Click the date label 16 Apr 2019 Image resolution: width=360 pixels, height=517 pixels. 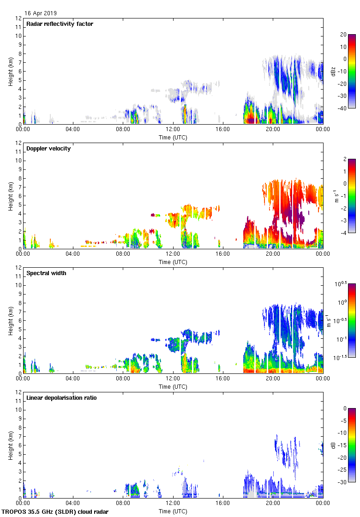[41, 13]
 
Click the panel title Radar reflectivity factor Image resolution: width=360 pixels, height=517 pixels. [60, 24]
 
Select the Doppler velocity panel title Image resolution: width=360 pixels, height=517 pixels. [46, 149]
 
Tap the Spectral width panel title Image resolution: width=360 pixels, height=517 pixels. [46, 273]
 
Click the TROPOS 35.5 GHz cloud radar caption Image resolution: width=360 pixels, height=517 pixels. [55, 512]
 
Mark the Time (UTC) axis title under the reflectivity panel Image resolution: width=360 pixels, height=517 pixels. [173, 137]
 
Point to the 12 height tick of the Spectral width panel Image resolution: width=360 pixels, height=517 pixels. [18, 268]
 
